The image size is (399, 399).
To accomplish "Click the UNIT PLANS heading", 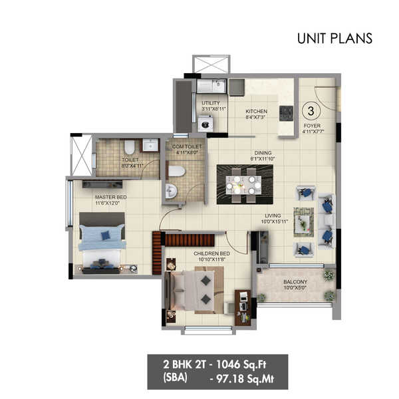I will (334, 38).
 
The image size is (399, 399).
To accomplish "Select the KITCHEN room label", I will (256, 111).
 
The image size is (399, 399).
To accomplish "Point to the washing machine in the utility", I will (205, 124).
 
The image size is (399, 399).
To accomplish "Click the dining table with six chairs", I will (244, 184).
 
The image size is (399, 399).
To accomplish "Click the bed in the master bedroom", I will (102, 237).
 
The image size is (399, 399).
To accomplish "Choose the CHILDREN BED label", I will (211, 254).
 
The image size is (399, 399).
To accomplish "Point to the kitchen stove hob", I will (287, 114).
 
